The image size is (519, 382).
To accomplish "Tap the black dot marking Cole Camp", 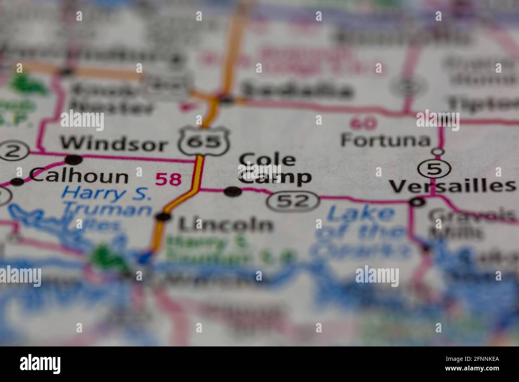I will pos(233,192).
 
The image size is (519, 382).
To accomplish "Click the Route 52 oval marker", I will pos(293,201).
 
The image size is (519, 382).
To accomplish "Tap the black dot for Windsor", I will pos(74,160).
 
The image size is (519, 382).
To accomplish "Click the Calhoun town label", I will pos(79,176).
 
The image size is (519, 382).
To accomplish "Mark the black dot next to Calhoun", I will pos(17,182).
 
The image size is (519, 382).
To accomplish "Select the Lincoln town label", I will pos(226,224).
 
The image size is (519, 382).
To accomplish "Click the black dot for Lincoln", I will pos(164,217).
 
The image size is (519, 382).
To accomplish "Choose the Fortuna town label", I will pos(385,140).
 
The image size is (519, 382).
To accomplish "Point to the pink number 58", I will pos(168,179).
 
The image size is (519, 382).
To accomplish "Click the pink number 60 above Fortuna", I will pos(364,123).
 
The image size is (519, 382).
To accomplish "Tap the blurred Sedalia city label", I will pos(297,91).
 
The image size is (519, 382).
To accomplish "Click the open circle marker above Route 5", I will pos(438,152).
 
